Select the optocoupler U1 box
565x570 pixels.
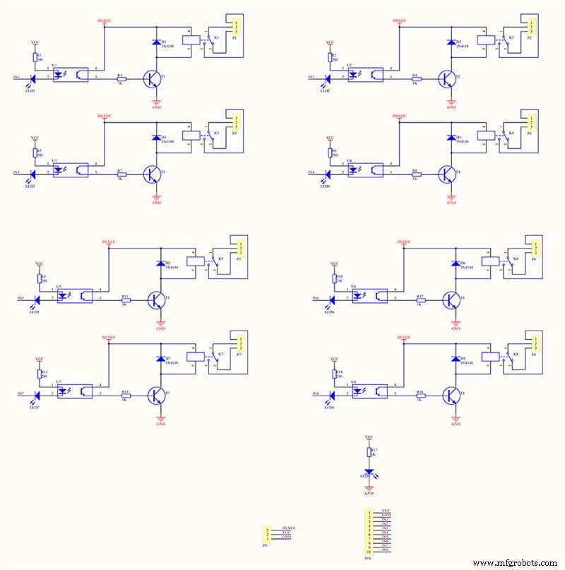[71, 73]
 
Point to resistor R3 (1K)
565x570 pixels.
[121, 79]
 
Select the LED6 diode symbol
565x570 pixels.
[328, 299]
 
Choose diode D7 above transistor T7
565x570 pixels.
[161, 359]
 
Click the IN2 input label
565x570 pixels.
[312, 77]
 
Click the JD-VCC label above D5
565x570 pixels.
[109, 242]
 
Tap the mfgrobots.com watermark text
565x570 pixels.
[515, 562]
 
